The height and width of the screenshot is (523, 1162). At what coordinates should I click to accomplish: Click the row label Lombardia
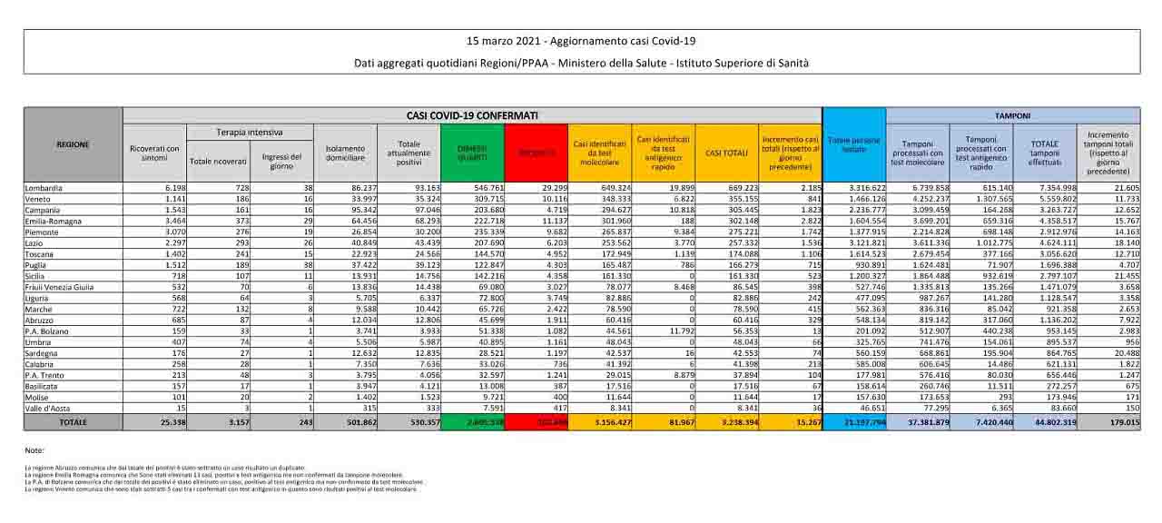click(44, 186)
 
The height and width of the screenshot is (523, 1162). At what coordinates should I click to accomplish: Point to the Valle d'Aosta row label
click(46, 409)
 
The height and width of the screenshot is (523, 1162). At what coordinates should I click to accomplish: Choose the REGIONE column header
click(73, 144)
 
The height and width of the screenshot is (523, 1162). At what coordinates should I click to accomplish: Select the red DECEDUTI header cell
click(536, 153)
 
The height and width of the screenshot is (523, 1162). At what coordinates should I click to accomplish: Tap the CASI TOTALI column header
click(725, 153)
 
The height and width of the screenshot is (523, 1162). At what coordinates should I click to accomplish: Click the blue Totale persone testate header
click(853, 144)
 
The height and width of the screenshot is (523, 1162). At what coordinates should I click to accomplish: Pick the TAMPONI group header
click(1012, 115)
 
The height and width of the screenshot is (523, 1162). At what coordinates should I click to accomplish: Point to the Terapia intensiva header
click(249, 133)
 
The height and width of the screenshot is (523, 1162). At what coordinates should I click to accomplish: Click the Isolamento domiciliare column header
click(347, 153)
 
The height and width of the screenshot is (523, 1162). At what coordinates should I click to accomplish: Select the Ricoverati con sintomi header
click(154, 153)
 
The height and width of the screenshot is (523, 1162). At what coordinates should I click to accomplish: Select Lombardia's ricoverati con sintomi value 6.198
click(169, 186)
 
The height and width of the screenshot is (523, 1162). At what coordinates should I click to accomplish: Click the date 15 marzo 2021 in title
click(497, 42)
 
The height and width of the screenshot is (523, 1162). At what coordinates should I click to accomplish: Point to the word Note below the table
click(34, 450)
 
